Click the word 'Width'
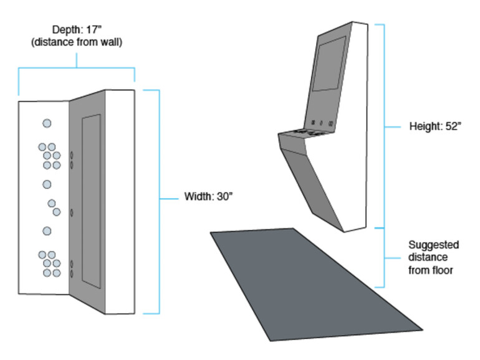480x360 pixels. [x=198, y=197]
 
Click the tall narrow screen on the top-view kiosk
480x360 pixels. [x=91, y=201]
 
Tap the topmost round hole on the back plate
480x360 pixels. [x=47, y=123]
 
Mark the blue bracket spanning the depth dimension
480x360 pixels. [x=77, y=68]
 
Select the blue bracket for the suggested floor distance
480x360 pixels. [x=383, y=257]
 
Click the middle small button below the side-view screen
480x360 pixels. [x=322, y=123]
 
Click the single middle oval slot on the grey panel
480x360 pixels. [x=73, y=212]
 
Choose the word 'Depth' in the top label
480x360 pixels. [x=64, y=29]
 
